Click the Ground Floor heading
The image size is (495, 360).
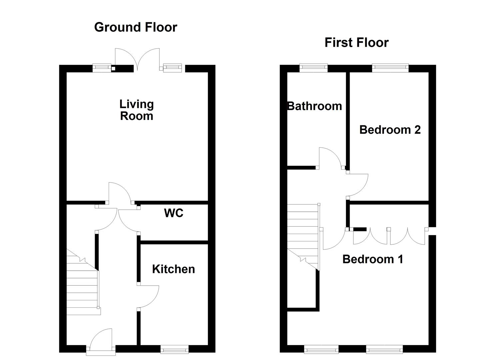coord(135,27)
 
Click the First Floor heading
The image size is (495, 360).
coord(356,43)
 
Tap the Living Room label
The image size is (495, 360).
coord(136,110)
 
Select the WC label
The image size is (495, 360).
coord(174,213)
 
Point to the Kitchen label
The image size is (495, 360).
coord(173,269)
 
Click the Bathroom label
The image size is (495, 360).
coord(314,106)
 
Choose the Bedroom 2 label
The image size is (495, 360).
coord(390,129)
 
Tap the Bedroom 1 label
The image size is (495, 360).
coord(373,259)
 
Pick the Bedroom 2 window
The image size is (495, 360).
coord(390,68)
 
